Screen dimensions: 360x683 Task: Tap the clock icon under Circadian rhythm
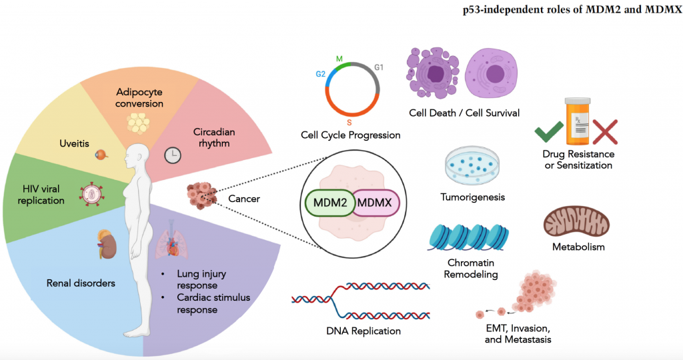click(172, 155)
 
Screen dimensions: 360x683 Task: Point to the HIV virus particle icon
click(90, 194)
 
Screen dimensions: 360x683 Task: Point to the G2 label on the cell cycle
click(321, 74)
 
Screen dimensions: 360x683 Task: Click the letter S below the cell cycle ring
click(349, 123)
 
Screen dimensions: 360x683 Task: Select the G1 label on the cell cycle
click(379, 67)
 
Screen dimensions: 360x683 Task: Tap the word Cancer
click(244, 198)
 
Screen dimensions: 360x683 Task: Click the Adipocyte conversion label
click(139, 97)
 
